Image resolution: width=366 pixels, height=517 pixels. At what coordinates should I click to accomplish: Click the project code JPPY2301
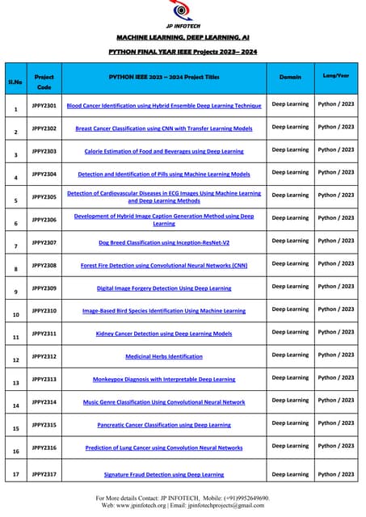point(44,105)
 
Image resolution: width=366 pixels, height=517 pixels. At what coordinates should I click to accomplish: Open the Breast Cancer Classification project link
point(164,128)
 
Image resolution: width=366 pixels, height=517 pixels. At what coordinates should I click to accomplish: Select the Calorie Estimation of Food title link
point(164,151)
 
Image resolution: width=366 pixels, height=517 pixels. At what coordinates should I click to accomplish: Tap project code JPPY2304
point(44,173)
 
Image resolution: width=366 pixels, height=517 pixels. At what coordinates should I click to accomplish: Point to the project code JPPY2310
point(44,309)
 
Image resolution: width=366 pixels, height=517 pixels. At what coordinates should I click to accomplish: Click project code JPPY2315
point(44,423)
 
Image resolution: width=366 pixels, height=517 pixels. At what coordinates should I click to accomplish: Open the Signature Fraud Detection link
point(164,475)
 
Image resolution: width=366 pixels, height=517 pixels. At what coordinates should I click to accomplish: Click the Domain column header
point(290,77)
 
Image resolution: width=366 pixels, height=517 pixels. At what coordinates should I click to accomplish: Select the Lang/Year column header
point(336,76)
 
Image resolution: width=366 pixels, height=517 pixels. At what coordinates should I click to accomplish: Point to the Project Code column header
point(44,82)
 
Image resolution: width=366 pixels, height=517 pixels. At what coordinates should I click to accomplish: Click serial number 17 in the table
point(15,475)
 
